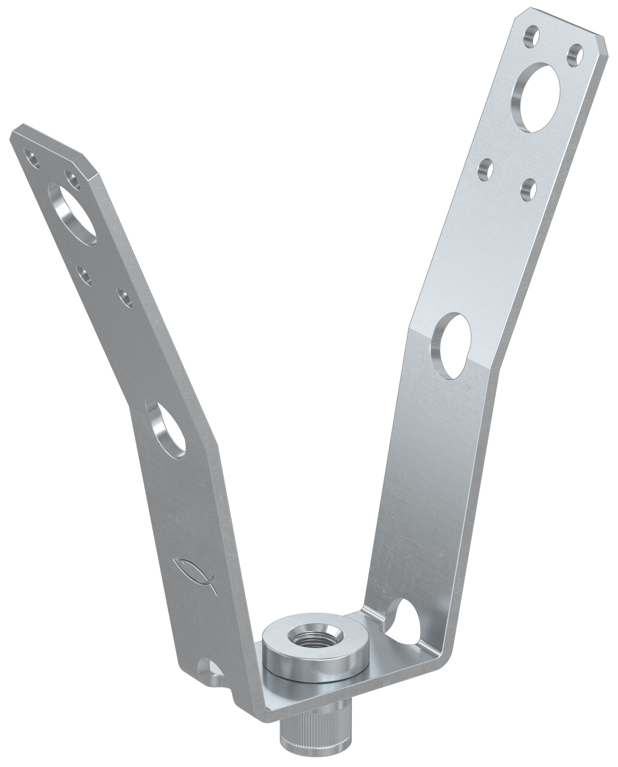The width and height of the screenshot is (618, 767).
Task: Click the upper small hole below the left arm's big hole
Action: [84, 273]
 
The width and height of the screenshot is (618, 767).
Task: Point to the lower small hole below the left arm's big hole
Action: [125, 298]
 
